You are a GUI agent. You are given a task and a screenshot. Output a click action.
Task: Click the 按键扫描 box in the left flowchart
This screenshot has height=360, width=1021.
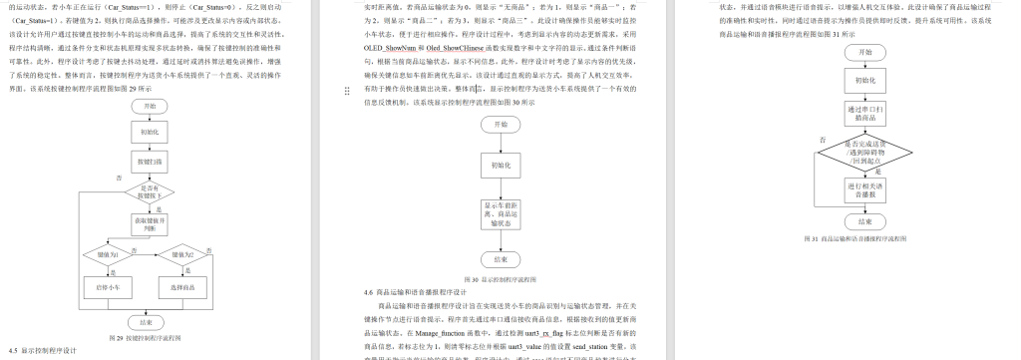pyautogui.click(x=149, y=160)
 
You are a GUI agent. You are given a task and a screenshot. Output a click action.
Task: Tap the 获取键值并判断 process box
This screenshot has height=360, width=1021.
pyautogui.click(x=149, y=224)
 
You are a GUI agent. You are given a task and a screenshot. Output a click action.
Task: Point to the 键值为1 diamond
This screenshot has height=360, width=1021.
pyautogui.click(x=108, y=255)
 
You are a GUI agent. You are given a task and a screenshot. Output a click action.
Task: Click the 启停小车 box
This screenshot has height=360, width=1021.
pyautogui.click(x=108, y=287)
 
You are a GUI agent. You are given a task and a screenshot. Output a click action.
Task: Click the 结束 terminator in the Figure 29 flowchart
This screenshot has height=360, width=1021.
pyautogui.click(x=149, y=321)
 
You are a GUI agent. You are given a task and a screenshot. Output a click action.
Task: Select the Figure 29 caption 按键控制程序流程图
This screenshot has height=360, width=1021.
pyautogui.click(x=149, y=337)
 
